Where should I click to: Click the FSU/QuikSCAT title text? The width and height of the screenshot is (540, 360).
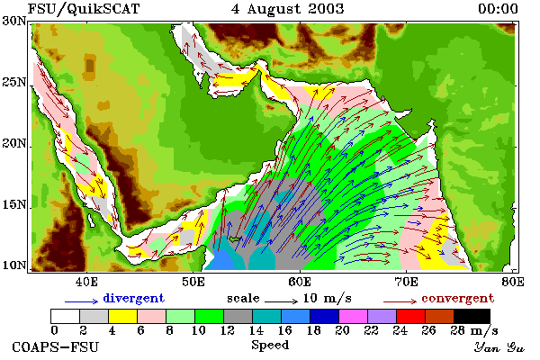coord(84,9)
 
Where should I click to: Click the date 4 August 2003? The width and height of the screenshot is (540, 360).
coord(288,9)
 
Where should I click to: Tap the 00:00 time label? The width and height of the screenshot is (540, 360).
coord(498,9)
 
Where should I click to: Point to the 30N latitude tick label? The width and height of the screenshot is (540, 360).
coord(14,21)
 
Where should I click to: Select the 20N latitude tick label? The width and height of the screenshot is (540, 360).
coord(14,143)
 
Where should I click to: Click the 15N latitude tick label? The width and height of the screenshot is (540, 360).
coord(14,204)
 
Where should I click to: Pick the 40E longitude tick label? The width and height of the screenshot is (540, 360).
coord(86,282)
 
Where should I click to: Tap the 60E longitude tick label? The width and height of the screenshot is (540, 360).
coord(300,282)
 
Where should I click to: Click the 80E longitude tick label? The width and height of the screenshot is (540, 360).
coord(513,282)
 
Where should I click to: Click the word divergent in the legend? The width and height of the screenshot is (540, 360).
coord(133,298)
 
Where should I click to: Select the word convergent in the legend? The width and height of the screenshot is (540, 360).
coord(458,298)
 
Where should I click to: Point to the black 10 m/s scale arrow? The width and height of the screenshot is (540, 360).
coord(281,301)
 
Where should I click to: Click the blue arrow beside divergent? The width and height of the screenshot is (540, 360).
coord(82,301)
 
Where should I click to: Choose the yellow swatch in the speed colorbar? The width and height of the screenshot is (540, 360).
coord(122,316)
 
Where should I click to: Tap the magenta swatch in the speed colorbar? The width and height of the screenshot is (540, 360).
coord(353,316)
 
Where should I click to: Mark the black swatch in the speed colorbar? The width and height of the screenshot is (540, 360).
coord(472,316)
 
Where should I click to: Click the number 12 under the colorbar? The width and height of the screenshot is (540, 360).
coord(228,330)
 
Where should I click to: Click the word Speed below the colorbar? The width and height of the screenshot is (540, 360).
coord(270,346)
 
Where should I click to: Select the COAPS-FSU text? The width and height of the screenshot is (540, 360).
coord(55,346)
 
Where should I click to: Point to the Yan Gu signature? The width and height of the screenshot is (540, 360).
coord(499,346)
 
